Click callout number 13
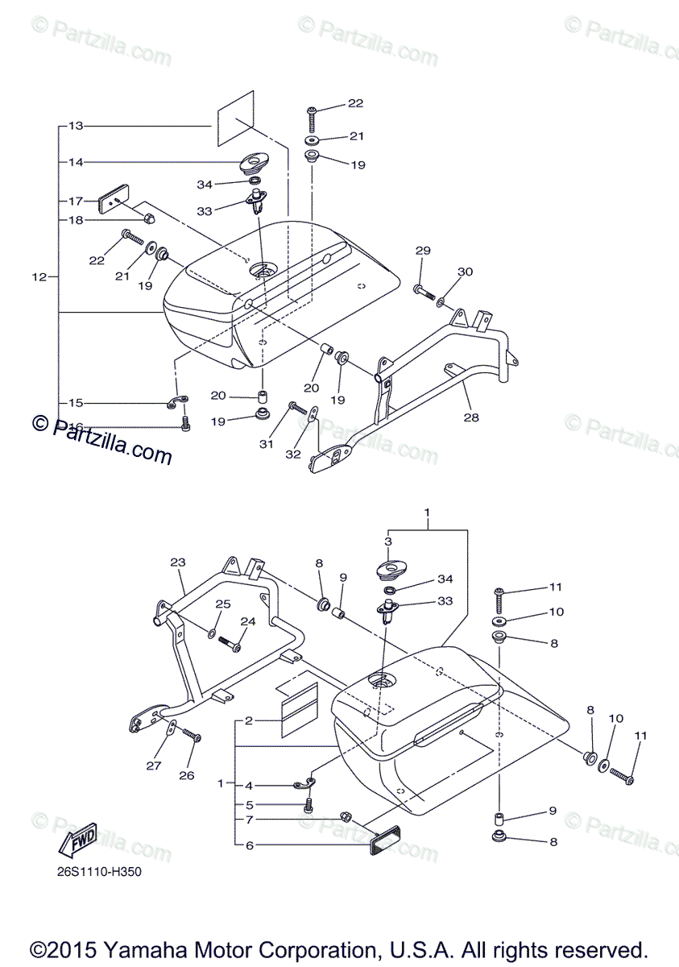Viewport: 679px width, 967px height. pyautogui.click(x=76, y=126)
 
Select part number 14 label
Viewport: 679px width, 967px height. pyautogui.click(x=76, y=162)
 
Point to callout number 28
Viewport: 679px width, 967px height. pyautogui.click(x=470, y=417)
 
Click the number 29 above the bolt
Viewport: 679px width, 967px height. pyautogui.click(x=423, y=251)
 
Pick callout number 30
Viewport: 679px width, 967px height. pyautogui.click(x=466, y=272)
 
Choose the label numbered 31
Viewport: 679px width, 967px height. pyautogui.click(x=267, y=444)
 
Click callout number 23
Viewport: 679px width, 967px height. pyautogui.click(x=178, y=562)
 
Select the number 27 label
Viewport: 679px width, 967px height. pyautogui.click(x=154, y=766)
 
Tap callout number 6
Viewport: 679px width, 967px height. pyautogui.click(x=250, y=845)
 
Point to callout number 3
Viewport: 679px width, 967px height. pyautogui.click(x=387, y=542)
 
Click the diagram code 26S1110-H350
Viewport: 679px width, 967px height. pyautogui.click(x=99, y=872)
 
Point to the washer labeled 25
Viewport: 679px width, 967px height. pyautogui.click(x=211, y=633)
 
